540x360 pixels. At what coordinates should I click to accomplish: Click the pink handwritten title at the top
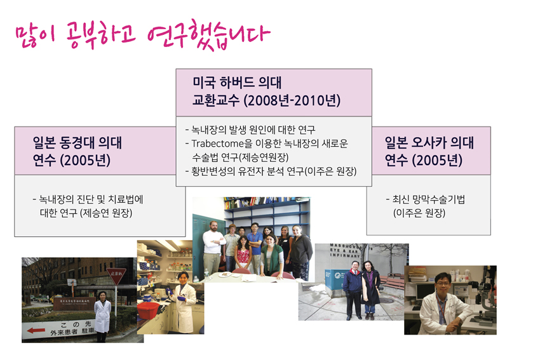[143, 35]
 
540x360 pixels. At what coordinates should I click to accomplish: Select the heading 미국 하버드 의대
[237, 83]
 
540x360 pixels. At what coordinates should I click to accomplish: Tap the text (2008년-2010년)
[292, 100]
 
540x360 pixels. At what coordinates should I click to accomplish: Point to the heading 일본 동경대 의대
[78, 142]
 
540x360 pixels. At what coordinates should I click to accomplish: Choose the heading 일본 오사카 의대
[429, 142]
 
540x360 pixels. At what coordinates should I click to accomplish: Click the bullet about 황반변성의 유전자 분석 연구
[271, 171]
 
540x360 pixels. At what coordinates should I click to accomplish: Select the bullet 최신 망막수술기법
[425, 199]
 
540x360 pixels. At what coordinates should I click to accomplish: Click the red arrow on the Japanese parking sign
[36, 331]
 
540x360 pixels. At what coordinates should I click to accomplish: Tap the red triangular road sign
[116, 276]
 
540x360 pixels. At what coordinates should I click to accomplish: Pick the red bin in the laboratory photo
[149, 310]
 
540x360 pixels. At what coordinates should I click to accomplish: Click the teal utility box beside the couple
[334, 279]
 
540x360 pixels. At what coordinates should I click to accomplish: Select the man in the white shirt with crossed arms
[213, 248]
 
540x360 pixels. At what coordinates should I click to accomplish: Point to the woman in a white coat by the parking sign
[103, 316]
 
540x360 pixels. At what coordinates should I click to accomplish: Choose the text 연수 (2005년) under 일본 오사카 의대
[424, 161]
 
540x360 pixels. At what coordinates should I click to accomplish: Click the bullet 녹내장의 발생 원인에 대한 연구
[250, 130]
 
